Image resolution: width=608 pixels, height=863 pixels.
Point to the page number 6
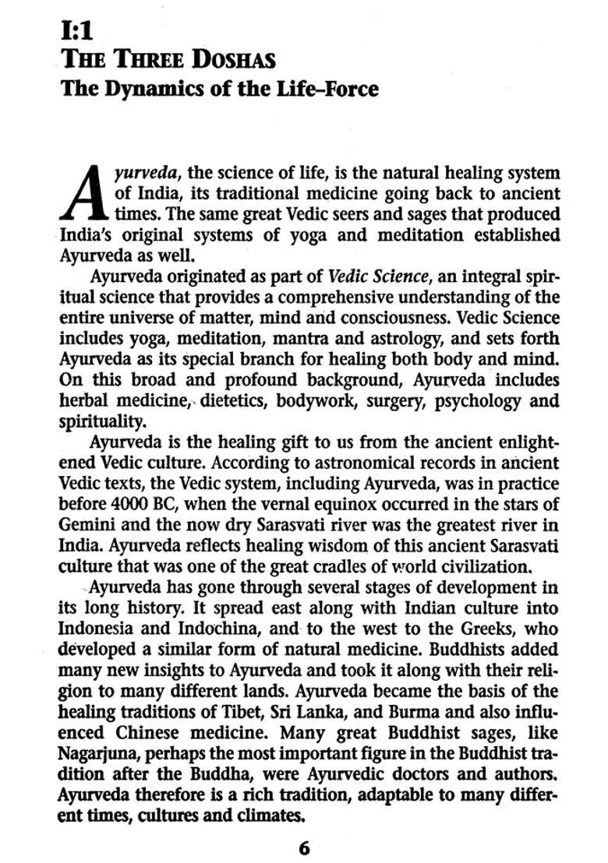point(305,847)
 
